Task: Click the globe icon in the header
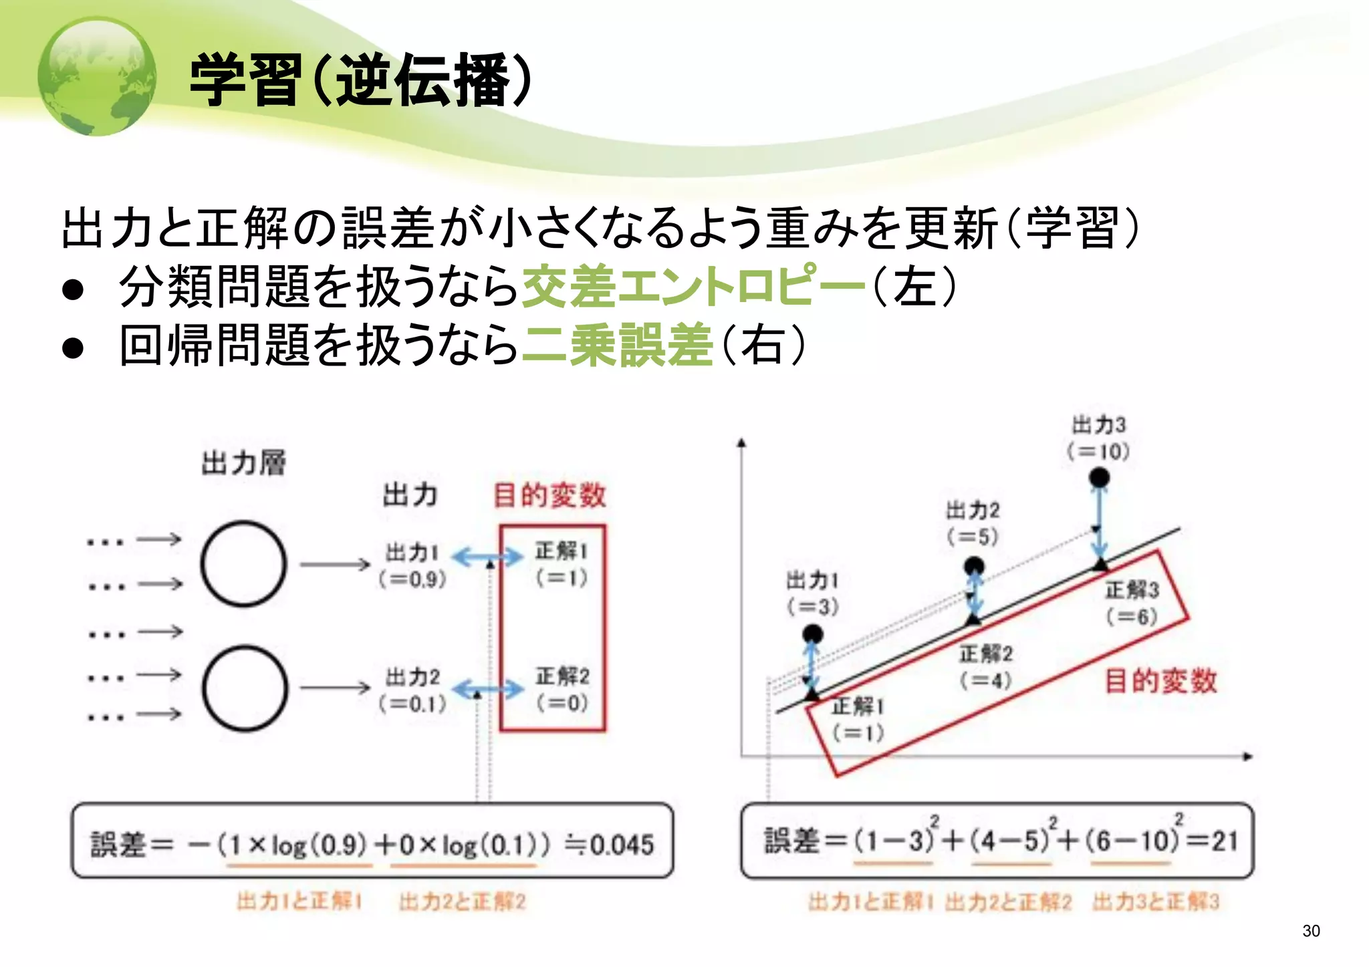(x=97, y=76)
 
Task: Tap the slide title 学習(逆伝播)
(x=361, y=80)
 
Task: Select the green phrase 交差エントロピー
(x=693, y=286)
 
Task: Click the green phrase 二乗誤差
(x=616, y=345)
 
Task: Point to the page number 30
(x=1311, y=931)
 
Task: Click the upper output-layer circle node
(x=244, y=564)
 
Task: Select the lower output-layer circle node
(x=245, y=688)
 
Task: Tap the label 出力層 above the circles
(x=244, y=462)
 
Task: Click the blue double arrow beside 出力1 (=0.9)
(x=487, y=556)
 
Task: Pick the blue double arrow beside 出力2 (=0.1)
(x=488, y=688)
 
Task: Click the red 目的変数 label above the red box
(x=549, y=495)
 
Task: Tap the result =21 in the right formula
(x=1213, y=840)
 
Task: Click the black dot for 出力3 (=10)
(x=1100, y=477)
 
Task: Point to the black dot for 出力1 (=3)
(x=812, y=634)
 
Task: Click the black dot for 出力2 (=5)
(x=974, y=567)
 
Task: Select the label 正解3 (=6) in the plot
(x=1132, y=602)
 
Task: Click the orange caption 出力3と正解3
(x=1156, y=902)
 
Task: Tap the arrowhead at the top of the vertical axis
(x=741, y=442)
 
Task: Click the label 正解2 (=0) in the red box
(x=562, y=689)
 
